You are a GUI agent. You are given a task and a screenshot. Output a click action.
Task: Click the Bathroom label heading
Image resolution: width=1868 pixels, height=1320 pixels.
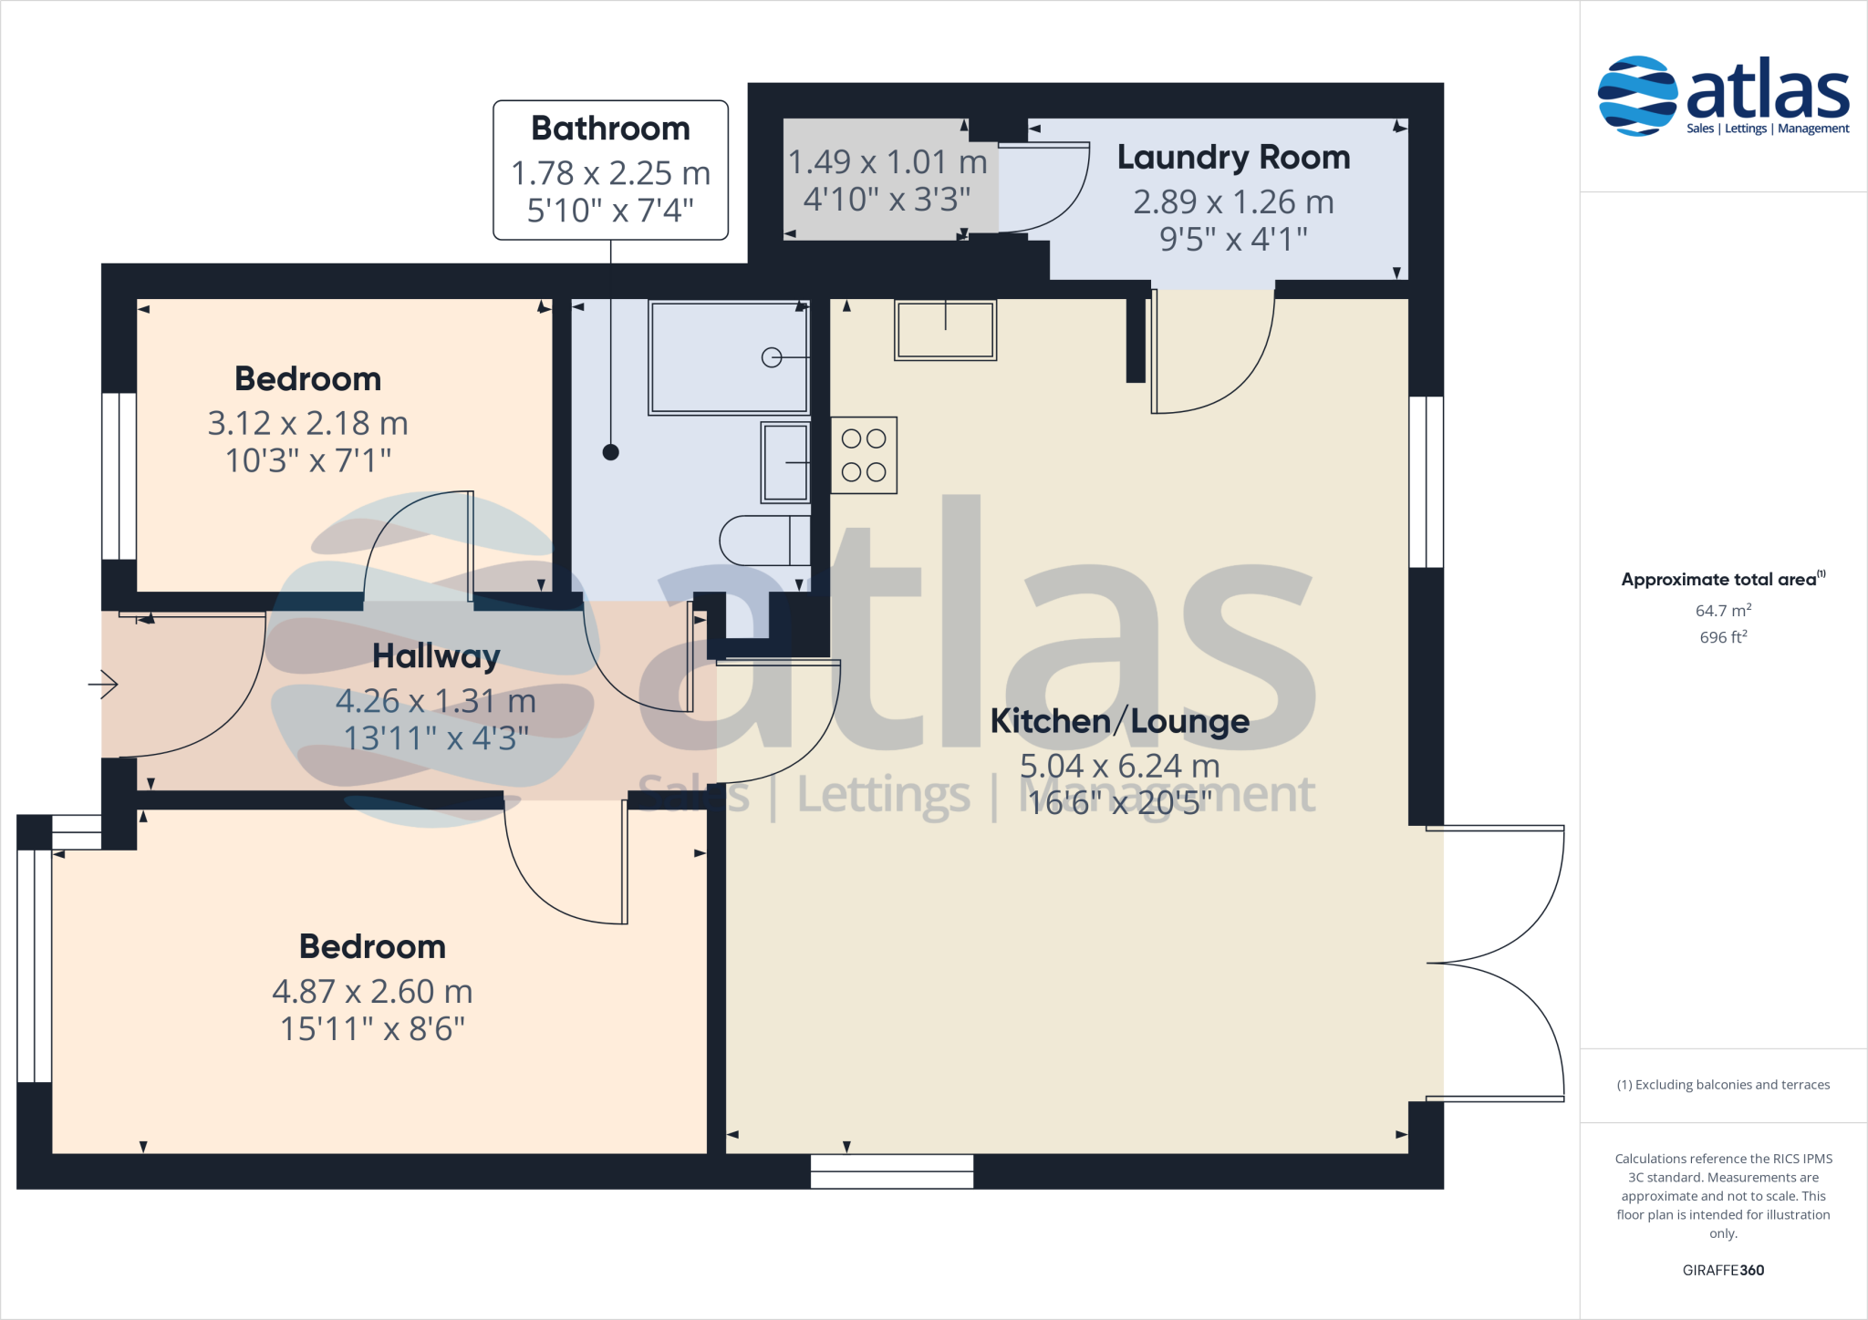click(x=610, y=129)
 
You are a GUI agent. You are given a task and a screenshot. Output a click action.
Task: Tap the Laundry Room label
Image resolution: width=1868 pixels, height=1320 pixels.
click(x=1233, y=158)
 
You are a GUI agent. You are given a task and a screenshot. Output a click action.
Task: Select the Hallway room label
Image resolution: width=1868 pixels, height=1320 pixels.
click(x=436, y=656)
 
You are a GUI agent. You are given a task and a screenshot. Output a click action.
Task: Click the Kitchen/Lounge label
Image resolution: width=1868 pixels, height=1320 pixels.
click(x=1119, y=721)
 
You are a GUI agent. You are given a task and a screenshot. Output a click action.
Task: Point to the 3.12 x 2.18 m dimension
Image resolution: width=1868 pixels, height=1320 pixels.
click(x=307, y=423)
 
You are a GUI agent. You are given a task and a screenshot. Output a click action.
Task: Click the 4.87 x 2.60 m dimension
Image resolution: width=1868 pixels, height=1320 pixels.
click(x=372, y=991)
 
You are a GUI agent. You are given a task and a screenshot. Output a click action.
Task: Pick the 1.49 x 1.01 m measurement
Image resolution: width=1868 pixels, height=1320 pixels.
click(x=887, y=162)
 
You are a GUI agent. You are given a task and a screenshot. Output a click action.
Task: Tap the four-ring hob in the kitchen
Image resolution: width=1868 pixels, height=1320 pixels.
click(x=864, y=456)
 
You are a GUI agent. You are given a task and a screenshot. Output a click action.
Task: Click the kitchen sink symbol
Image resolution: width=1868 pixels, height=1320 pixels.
click(x=945, y=330)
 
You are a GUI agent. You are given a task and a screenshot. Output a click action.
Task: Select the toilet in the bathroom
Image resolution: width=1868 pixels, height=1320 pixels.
click(x=762, y=541)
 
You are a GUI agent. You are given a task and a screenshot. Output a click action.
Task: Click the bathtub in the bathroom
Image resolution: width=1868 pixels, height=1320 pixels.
click(x=728, y=357)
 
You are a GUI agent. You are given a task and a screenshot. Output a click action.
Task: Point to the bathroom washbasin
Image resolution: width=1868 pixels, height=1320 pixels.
click(x=785, y=462)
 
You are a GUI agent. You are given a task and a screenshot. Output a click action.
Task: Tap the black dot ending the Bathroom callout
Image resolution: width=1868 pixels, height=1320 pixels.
click(x=611, y=452)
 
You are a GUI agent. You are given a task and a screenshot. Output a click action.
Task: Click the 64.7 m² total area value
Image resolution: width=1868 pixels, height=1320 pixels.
click(x=1722, y=610)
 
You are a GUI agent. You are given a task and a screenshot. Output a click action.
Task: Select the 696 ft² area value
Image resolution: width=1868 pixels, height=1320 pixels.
click(x=1722, y=637)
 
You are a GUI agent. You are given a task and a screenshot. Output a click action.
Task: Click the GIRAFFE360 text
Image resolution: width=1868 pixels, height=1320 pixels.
click(x=1722, y=1270)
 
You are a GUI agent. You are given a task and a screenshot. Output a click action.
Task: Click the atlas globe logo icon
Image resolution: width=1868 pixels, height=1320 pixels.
click(x=1637, y=96)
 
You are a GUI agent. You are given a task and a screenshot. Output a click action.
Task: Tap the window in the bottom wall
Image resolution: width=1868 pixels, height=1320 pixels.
click(x=891, y=1171)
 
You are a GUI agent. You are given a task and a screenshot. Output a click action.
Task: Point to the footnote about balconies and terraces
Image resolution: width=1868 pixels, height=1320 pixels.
click(x=1722, y=1085)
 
